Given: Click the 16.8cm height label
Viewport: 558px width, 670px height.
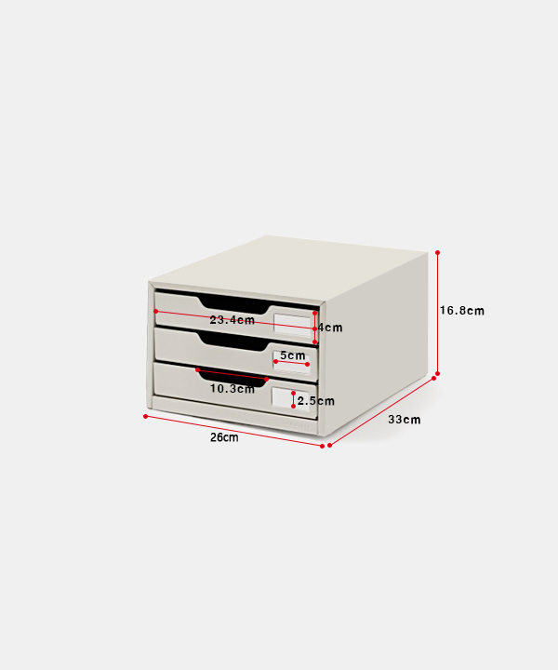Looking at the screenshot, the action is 462,311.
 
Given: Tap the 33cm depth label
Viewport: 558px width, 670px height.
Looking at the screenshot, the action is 404,420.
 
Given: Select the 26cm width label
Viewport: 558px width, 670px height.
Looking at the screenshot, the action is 224,437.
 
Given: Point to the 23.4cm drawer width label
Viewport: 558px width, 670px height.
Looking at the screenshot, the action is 232,320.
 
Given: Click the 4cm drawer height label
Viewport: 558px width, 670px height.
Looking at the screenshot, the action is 330,328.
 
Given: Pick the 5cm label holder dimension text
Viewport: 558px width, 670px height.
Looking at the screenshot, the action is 292,355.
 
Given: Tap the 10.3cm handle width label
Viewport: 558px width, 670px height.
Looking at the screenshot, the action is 232,389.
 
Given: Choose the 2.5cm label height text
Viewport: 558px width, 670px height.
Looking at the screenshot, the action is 316,401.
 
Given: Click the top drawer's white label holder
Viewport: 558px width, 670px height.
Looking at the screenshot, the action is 292,324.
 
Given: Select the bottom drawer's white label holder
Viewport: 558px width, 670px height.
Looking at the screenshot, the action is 290,398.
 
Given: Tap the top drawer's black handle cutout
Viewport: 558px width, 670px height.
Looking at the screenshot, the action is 234,304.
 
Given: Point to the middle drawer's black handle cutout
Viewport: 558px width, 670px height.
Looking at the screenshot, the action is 233,342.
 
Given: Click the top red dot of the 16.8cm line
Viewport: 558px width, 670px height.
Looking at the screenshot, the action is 437,253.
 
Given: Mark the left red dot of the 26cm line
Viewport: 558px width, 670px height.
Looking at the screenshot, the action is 146,416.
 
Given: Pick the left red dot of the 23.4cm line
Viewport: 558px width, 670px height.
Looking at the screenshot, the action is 156,311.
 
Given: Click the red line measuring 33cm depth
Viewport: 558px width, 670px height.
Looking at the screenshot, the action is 381,412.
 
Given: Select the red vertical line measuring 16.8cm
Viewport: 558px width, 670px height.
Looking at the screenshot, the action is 437,314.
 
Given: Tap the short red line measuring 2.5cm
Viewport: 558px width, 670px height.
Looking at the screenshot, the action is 293,399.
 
